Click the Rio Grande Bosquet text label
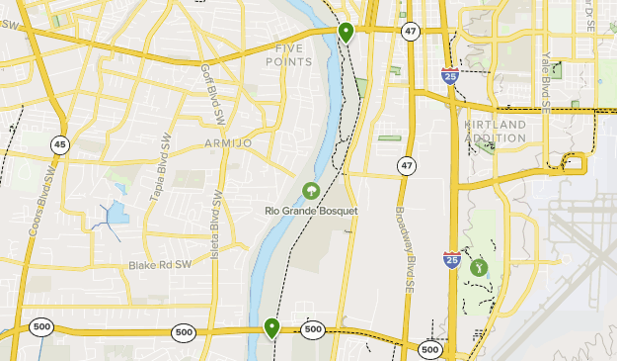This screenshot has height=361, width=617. click(310, 210)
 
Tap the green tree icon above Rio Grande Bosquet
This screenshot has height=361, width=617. click(310, 190)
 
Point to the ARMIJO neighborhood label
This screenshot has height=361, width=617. click(228, 143)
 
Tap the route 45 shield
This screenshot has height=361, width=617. click(60, 144)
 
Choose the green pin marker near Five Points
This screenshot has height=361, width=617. click(346, 32)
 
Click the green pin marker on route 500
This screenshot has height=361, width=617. click(270, 326)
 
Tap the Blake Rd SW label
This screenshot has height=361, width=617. click(157, 266)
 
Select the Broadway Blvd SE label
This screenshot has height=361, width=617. click(405, 250)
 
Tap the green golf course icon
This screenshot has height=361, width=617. click(479, 266)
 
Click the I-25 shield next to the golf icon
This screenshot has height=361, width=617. click(451, 260)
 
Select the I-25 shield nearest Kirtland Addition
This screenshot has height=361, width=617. click(449, 77)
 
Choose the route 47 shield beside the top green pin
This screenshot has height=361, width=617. click(410, 32)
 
